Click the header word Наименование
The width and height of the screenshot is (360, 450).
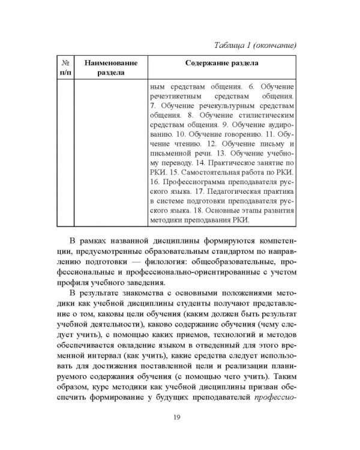[112, 62]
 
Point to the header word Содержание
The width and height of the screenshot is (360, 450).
[200, 62]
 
